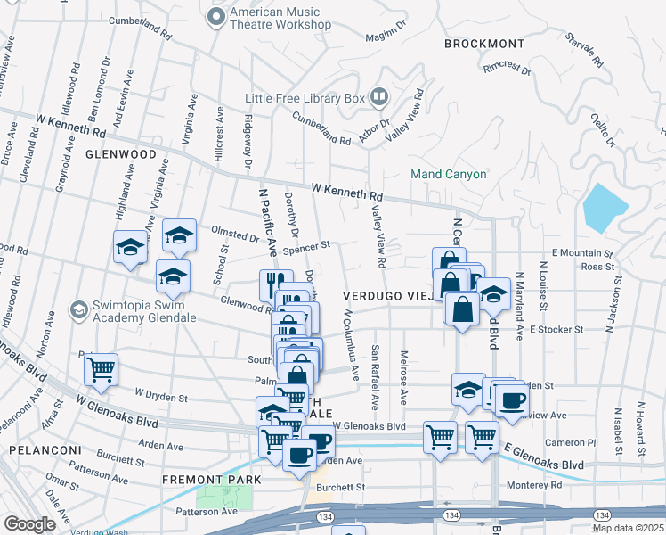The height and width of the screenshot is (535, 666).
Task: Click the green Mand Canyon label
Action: coord(448,174)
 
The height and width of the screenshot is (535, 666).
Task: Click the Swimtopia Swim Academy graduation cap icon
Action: coord(79,309)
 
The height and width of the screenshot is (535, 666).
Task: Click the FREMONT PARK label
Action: coord(211,480)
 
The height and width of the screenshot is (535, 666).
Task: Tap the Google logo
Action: coord(29,524)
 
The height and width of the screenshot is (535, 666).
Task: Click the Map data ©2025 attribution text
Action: coord(628,528)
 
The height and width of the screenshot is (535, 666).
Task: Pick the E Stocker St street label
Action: coord(556,329)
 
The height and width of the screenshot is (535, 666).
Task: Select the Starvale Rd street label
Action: coord(583,52)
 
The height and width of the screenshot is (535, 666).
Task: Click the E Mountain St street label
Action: coord(583,253)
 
